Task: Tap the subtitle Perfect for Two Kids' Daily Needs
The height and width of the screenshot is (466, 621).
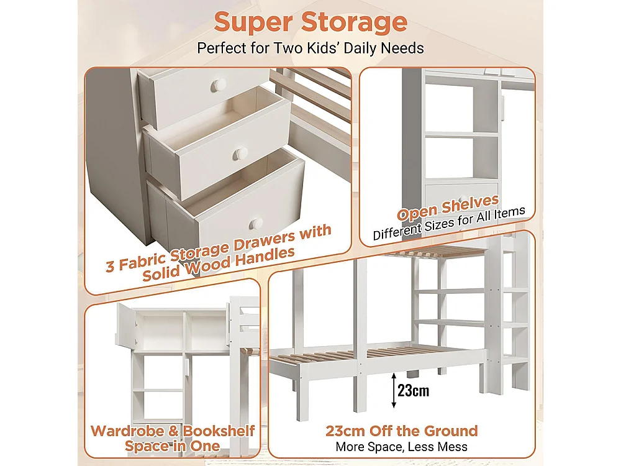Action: coord(310,48)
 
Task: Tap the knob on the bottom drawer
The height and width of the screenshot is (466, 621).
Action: coord(254,223)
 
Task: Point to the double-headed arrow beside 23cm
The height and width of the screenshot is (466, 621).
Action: coord(394,391)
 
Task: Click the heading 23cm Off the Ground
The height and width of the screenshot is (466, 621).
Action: coord(402,431)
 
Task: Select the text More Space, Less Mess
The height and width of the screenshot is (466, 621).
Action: coord(402,446)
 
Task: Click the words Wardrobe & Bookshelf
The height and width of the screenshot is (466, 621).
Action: coord(173,431)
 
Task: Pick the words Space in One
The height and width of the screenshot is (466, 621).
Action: coord(173,446)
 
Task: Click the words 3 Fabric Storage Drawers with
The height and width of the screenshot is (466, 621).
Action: coord(219,249)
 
